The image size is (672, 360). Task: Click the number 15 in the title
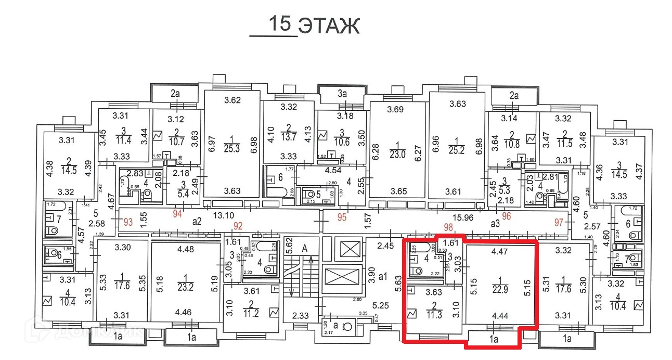[279, 24]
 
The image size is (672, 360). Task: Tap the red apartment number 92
[238, 226]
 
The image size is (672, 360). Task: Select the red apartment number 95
[342, 217]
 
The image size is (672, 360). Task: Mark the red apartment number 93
[127, 223]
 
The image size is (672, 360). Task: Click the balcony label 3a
[342, 95]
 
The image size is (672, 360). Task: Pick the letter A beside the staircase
[304, 248]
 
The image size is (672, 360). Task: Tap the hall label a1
[383, 276]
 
